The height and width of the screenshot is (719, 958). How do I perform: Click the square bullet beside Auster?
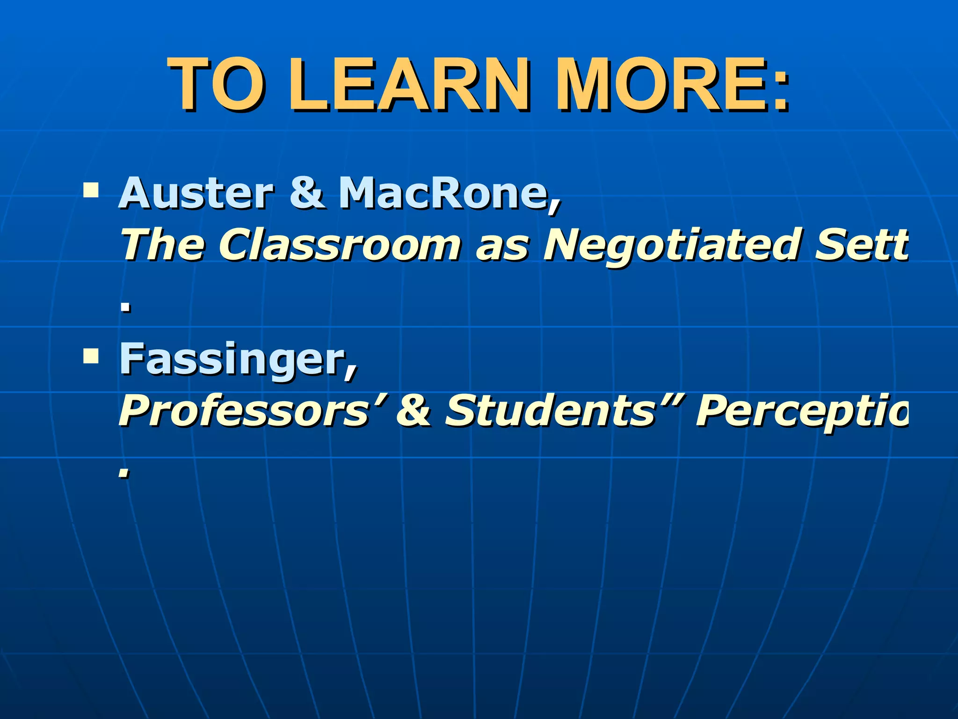point(90,190)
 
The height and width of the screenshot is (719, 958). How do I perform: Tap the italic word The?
point(162,244)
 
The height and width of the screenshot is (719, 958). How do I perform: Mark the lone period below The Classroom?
point(125,307)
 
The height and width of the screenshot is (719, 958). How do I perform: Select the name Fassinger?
point(234,359)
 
